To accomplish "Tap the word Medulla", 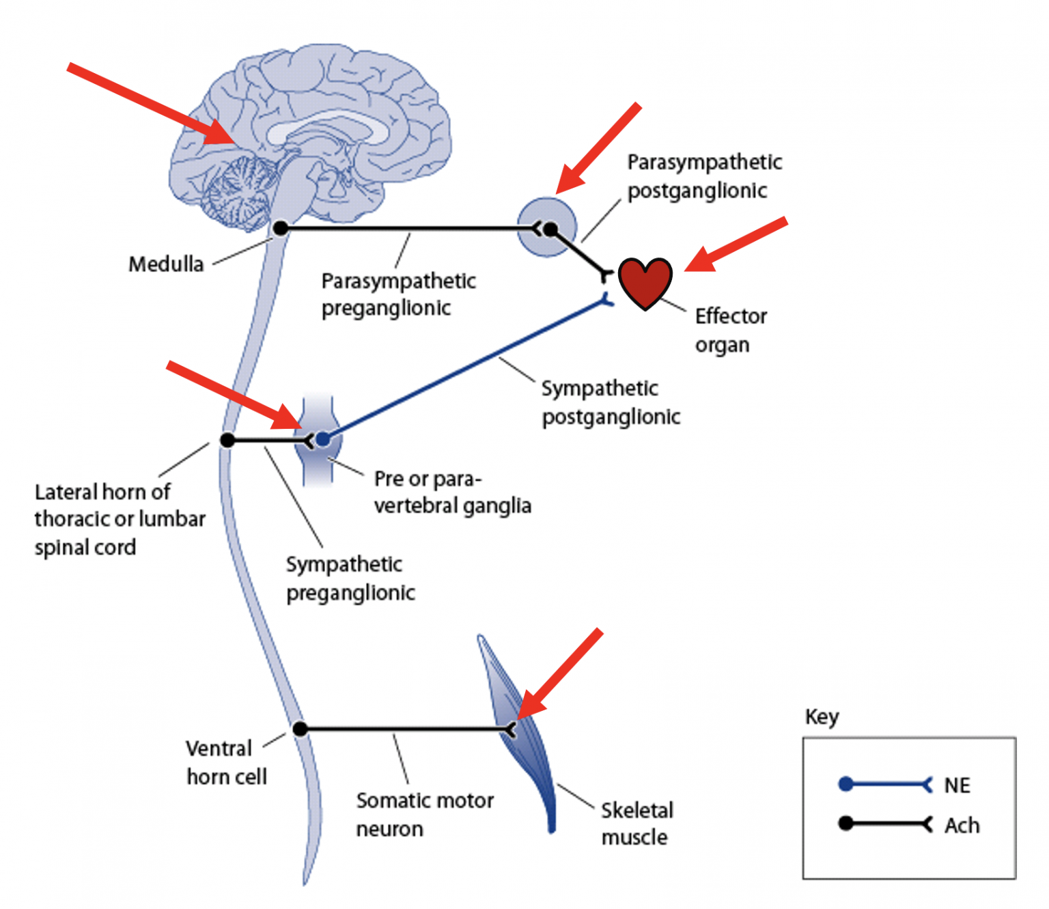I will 166,264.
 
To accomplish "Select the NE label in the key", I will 957,785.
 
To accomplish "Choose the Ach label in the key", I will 962,826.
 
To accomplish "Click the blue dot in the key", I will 845,784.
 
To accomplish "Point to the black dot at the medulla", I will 280,228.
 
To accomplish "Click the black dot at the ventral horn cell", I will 300,729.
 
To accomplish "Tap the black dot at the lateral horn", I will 227,440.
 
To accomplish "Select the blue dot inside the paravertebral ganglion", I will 322,439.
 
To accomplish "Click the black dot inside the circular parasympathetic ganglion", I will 550,229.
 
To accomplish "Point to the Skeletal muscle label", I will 637,824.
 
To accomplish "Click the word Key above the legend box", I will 822,717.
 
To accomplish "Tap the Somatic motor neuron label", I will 424,814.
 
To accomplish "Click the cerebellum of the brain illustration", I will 238,192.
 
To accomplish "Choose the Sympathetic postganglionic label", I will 611,402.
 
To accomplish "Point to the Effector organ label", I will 730,330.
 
